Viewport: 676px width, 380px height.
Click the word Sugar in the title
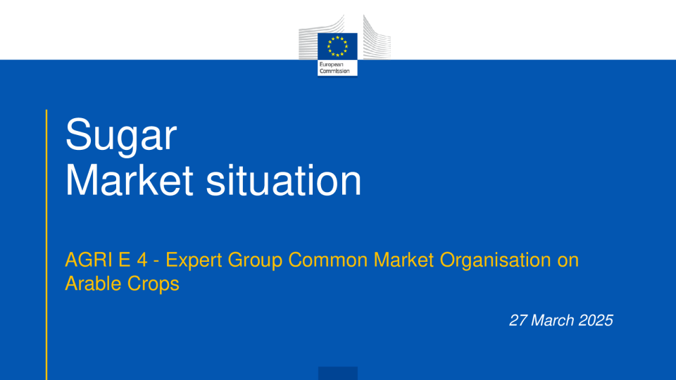120,136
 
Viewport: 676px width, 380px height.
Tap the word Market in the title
129,180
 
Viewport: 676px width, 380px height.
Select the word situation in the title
283,180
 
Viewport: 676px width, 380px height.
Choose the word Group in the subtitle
255,260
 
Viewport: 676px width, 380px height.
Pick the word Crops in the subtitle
153,284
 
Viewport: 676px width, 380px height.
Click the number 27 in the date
518,320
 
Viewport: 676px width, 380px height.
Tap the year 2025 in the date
596,320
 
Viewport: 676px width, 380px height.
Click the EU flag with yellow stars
337,46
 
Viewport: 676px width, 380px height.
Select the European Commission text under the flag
334,68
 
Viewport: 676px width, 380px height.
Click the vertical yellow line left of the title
46,245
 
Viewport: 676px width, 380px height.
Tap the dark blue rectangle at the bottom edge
338,373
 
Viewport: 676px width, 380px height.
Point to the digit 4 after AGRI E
142,260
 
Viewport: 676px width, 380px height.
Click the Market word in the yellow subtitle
403,260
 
